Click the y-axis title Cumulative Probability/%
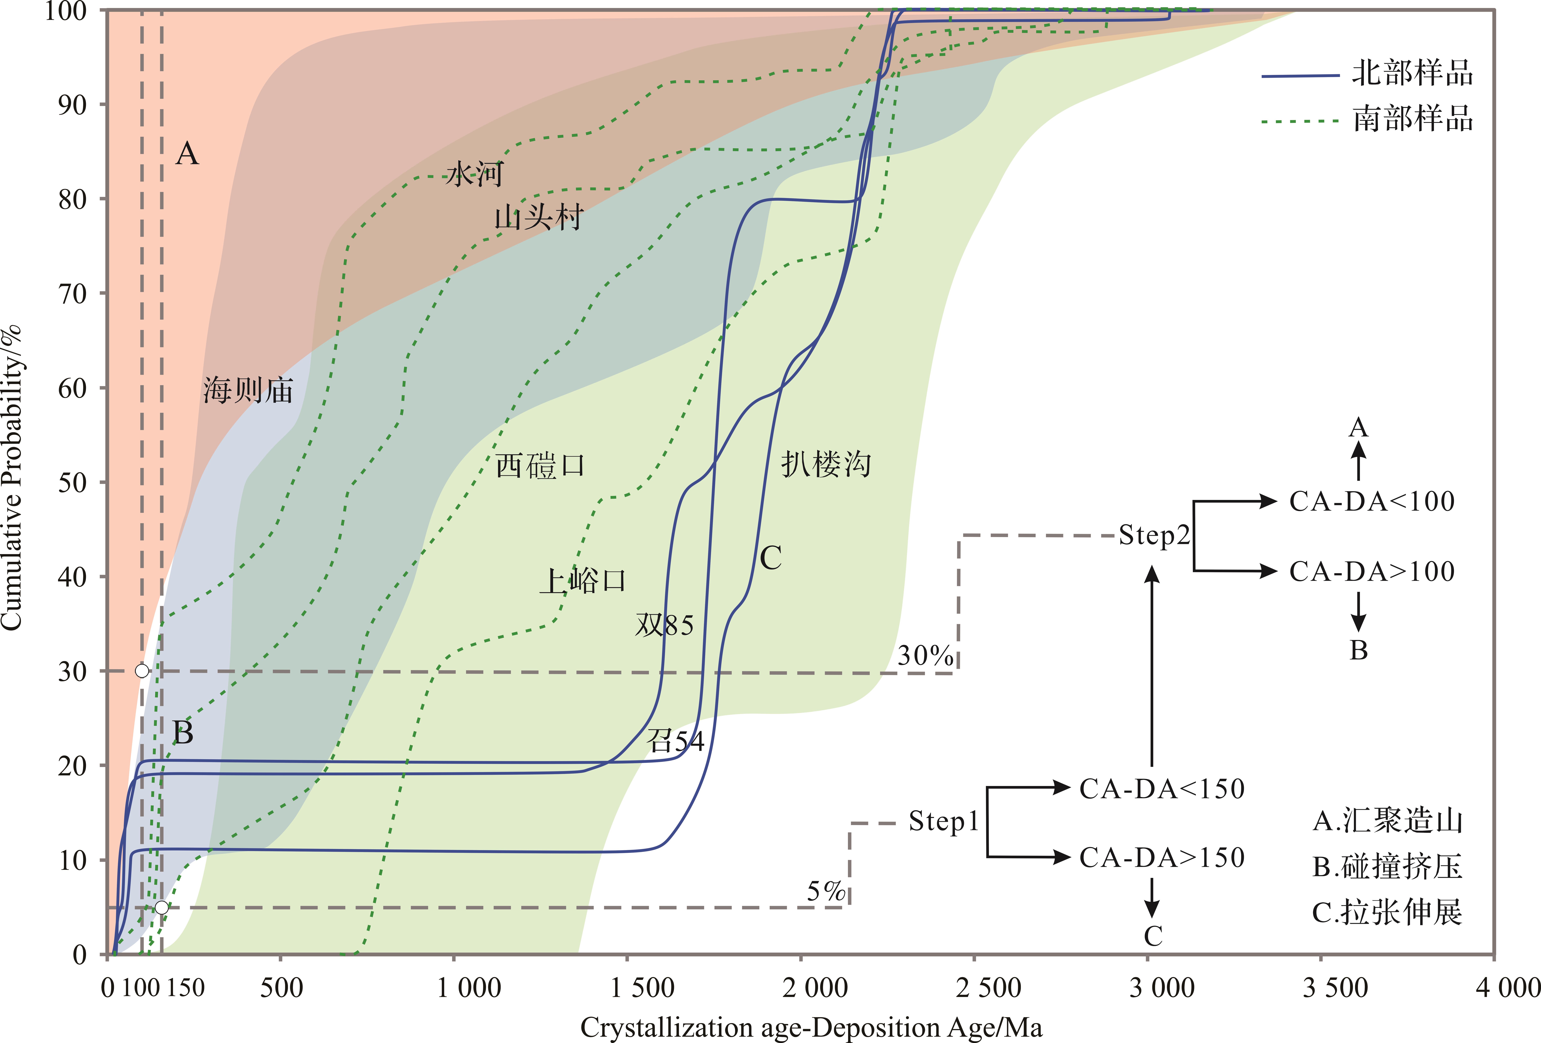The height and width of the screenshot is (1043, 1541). (12, 477)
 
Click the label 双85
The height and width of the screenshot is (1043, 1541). (664, 625)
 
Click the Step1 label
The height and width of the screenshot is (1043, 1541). (944, 821)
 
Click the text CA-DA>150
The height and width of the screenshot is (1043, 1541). (1162, 857)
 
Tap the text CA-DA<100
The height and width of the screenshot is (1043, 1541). (1372, 501)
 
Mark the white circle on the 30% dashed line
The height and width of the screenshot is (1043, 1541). (142, 671)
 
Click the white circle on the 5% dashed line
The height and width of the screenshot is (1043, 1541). (162, 907)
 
